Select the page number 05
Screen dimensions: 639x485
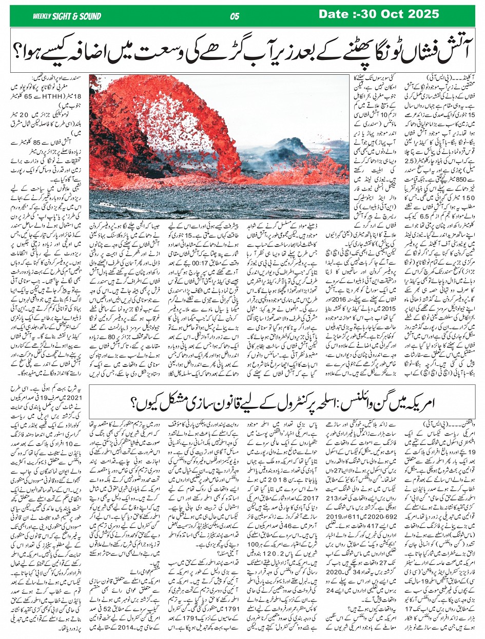tap(235, 16)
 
